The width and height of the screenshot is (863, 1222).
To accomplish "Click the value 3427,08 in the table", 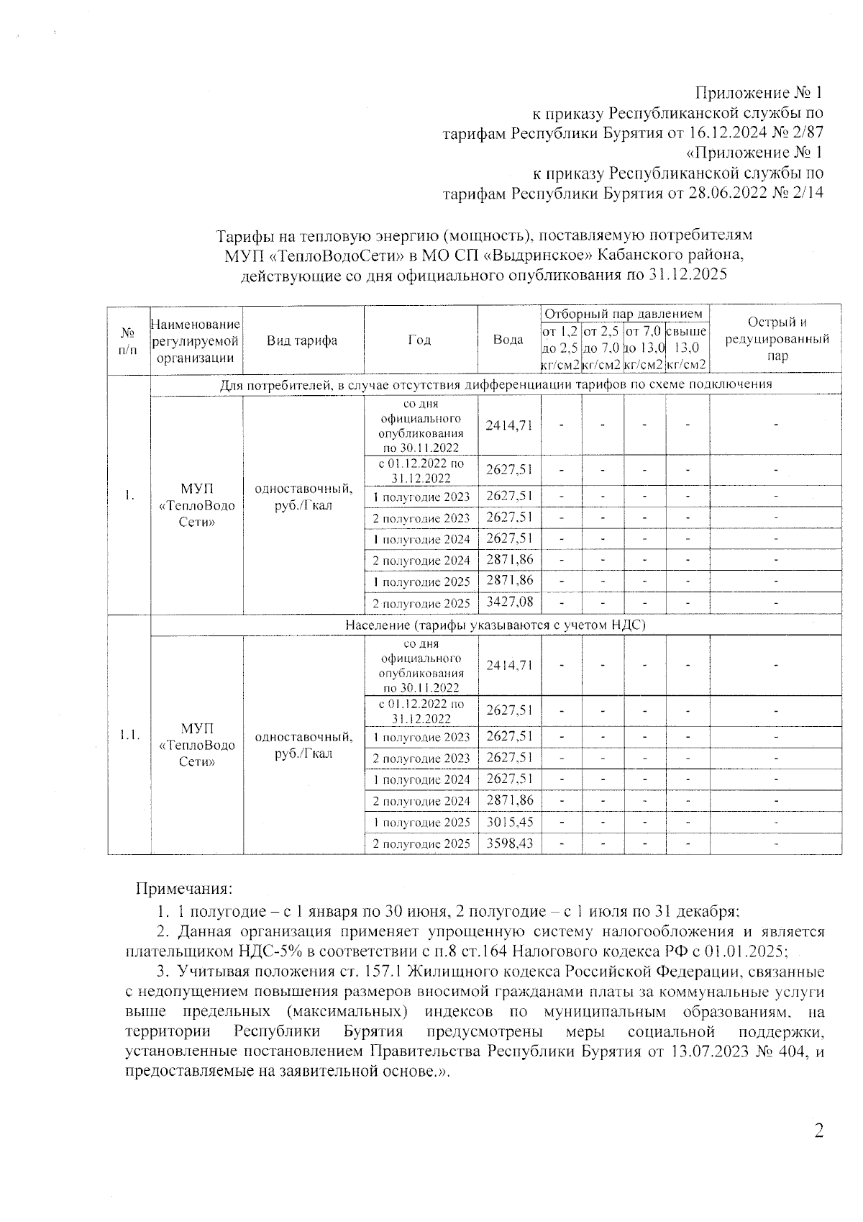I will click(x=509, y=602).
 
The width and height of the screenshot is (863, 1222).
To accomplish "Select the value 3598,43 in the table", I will click(x=509, y=842).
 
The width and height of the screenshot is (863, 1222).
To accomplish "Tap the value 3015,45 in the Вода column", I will click(x=509, y=821).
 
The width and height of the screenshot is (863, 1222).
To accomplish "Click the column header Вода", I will click(x=508, y=340).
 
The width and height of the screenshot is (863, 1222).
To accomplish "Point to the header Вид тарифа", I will click(x=302, y=340).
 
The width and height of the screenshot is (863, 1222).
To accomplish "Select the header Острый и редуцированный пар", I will click(x=777, y=339).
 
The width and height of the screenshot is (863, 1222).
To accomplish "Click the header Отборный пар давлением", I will click(x=623, y=314).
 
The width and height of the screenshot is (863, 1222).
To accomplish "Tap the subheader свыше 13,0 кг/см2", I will click(x=687, y=348).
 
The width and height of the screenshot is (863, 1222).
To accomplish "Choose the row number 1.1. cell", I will click(x=129, y=735).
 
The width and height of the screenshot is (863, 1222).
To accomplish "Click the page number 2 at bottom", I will click(x=818, y=1131).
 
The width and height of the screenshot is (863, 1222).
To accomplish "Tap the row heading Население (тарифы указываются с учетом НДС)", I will click(x=496, y=625).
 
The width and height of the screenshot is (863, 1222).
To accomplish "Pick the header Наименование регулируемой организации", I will click(x=196, y=341).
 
